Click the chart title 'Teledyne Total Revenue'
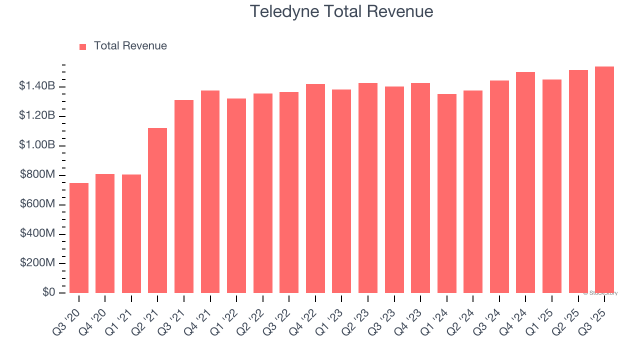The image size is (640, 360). click(x=341, y=11)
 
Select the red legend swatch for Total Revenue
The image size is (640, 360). click(x=83, y=46)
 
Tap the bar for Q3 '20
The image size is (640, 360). click(x=79, y=238)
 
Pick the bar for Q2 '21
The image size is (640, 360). click(x=157, y=210)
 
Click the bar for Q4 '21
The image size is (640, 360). click(x=210, y=191)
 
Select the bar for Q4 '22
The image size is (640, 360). click(x=315, y=188)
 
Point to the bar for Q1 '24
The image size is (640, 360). click(x=446, y=193)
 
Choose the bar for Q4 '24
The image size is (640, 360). click(x=525, y=182)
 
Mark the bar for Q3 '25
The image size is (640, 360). click(x=604, y=180)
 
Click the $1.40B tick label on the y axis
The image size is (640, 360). click(x=37, y=86)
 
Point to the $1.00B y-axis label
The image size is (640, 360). click(x=37, y=145)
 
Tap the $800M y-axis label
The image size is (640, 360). click(x=37, y=174)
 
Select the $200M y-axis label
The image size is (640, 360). click(x=37, y=263)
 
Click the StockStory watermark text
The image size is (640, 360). click(x=600, y=293)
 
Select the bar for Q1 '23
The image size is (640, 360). click(x=341, y=191)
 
